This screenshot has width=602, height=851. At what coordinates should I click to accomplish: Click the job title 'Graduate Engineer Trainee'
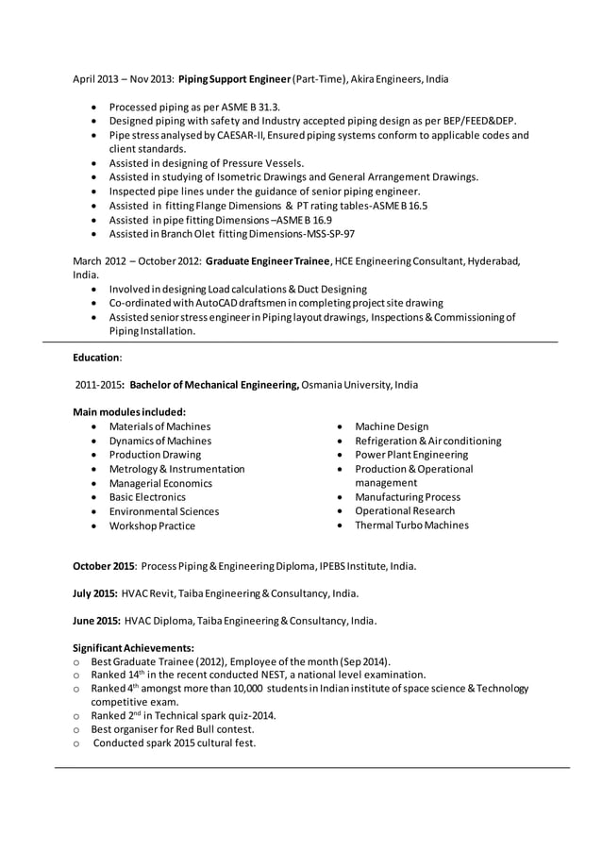268,260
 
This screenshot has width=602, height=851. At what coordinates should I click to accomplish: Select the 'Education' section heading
95,358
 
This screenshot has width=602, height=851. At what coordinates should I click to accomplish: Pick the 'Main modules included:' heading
129,412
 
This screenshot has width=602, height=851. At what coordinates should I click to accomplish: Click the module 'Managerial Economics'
160,483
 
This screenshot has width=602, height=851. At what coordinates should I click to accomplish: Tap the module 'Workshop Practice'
152,526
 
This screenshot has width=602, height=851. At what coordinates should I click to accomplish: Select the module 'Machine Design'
391,426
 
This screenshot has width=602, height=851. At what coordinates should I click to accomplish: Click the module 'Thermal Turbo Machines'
411,526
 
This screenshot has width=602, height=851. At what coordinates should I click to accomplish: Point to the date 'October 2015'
104,566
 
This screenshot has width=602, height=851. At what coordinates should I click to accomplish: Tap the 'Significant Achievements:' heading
133,648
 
